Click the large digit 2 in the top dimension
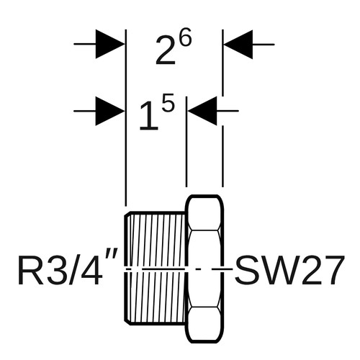coord(165,50)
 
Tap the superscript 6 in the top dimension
coord(186,37)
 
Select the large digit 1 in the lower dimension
coord(149,115)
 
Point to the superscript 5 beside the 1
coord(168,102)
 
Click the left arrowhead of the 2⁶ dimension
coord(110,44)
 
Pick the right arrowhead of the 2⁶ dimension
coord(238,45)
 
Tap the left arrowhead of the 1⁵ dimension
coord(110,111)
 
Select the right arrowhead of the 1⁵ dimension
coord(202,111)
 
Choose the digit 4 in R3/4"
coord(91,270)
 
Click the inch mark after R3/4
coord(111,260)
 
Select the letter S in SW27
coord(247,270)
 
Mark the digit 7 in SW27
coord(331,270)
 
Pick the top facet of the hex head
coord(204,213)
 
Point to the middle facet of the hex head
coord(204,269)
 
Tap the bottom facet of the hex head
coord(204,323)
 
